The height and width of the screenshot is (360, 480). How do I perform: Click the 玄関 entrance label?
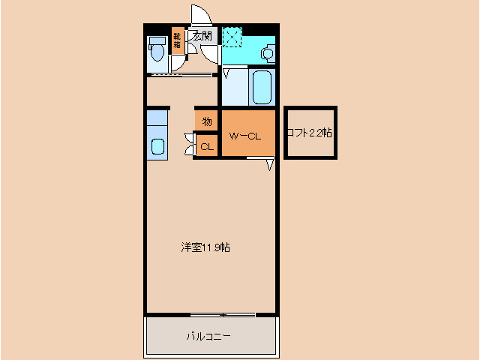[202, 35]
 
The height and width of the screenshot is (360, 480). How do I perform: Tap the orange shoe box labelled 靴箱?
[177, 40]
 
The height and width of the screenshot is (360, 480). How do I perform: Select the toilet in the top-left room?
[157, 51]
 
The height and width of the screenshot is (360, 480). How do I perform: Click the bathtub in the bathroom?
[262, 88]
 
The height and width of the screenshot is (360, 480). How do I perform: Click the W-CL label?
[244, 136]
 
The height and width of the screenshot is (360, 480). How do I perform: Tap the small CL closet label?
[206, 146]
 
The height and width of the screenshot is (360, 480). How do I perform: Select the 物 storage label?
[206, 121]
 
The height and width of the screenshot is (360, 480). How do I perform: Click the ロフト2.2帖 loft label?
[310, 133]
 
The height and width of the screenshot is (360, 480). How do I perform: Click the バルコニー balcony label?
[208, 336]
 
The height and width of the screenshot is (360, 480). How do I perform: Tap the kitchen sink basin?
[157, 145]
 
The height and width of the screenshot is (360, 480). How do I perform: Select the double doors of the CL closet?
[189, 144]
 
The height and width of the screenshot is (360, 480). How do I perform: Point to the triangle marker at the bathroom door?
[225, 73]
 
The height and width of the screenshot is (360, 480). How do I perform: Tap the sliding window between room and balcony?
[222, 313]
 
